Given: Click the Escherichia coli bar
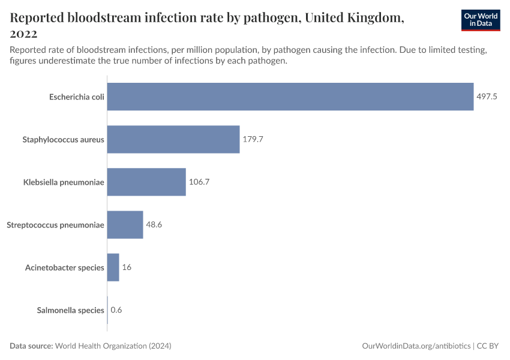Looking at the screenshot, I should tap(290, 97).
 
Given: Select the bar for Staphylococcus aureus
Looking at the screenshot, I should tap(173, 139).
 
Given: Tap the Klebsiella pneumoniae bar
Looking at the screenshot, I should tap(146, 182).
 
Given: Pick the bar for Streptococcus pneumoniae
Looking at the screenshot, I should tap(125, 224).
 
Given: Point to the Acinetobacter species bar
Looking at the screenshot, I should tap(113, 267).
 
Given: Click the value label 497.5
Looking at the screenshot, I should tap(487, 97).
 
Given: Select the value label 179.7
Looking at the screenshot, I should tap(253, 139).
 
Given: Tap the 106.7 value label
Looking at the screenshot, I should tap(199, 182).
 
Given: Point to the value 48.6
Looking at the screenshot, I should tap(154, 224).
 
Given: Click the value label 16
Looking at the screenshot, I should tap(127, 267).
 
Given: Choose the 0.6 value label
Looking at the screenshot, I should tap(116, 310).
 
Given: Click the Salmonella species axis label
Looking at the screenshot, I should tap(70, 310).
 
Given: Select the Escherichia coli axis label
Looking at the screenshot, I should tap(76, 97).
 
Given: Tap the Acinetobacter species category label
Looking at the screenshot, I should tap(64, 267).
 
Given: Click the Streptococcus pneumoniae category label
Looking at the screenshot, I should tap(55, 224).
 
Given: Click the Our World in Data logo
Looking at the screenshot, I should tap(481, 20).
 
